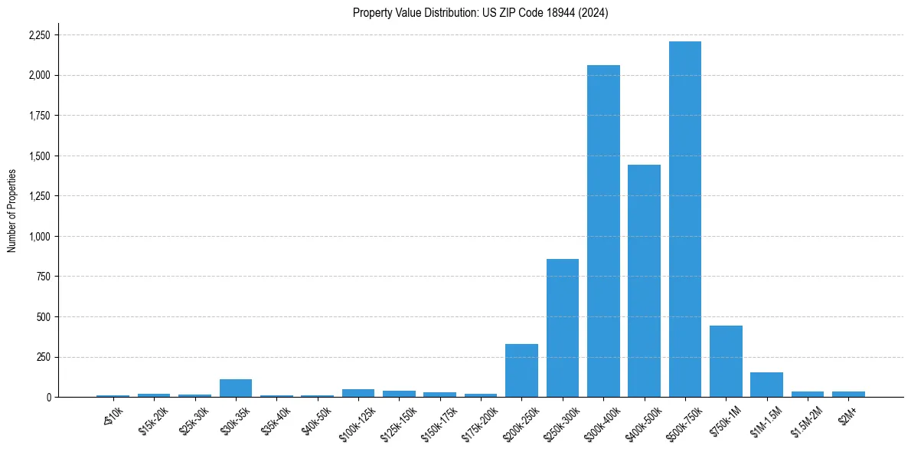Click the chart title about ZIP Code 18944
[480, 13]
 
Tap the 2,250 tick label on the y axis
[39, 35]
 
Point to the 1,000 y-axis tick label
[39, 237]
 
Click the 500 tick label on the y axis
[43, 317]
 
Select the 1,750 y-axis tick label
[39, 116]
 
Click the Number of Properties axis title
[11, 211]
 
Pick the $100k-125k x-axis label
[356, 421]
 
